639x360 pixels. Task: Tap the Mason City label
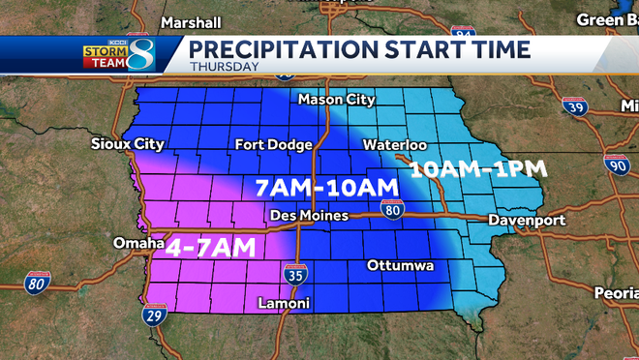(x=335, y=100)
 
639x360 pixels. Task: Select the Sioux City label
(x=128, y=145)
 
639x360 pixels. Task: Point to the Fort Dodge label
(x=274, y=145)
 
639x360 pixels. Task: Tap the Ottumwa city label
(x=400, y=265)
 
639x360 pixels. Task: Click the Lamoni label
(x=284, y=304)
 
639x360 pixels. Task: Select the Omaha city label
(x=137, y=243)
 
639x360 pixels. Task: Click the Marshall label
(x=191, y=22)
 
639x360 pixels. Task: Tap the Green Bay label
(x=608, y=19)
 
